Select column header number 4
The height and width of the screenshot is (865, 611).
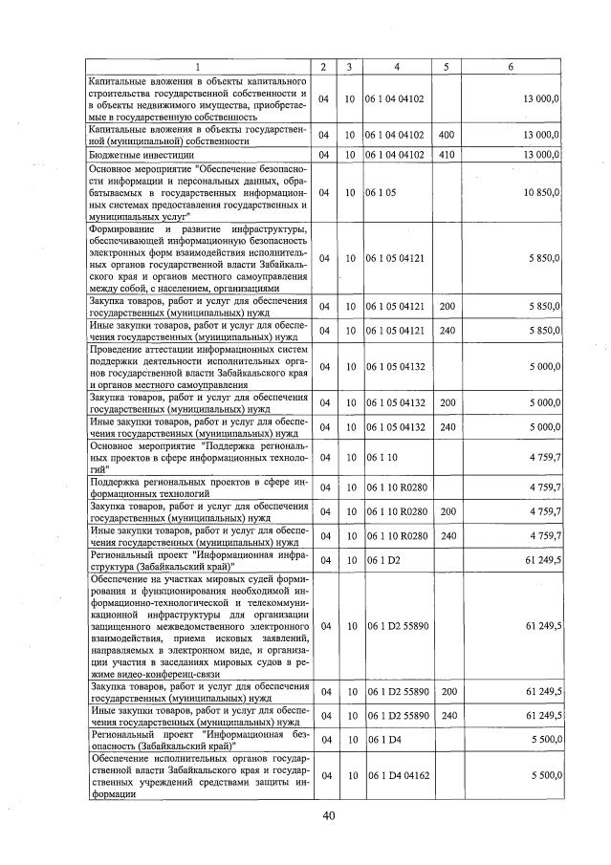pyautogui.click(x=395, y=67)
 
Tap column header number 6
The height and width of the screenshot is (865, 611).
pyautogui.click(x=511, y=67)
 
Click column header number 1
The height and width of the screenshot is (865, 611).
pyautogui.click(x=196, y=67)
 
